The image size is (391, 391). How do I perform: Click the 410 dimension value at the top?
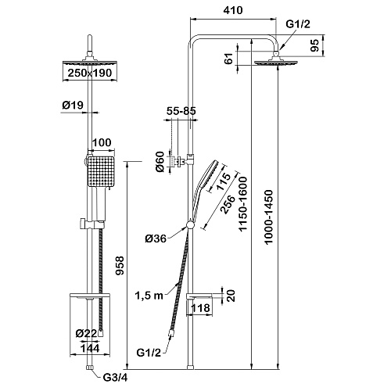(x=233, y=10)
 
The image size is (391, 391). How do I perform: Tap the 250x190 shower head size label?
(x=90, y=73)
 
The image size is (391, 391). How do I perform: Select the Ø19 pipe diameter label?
(x=73, y=105)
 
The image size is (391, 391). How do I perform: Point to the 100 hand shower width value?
(x=102, y=142)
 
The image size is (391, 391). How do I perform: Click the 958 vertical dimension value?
(x=120, y=265)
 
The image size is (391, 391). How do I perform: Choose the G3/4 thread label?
(x=115, y=378)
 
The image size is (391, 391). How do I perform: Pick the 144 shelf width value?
(x=90, y=348)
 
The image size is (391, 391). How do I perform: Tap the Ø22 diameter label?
(x=86, y=333)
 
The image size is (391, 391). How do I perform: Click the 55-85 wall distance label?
(x=181, y=111)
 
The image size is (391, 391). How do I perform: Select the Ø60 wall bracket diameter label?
(x=160, y=162)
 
